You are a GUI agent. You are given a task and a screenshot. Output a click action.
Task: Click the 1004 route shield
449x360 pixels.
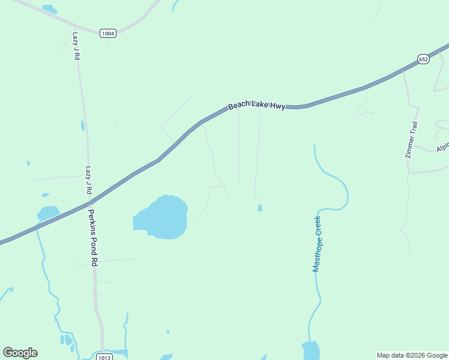tap(108, 34)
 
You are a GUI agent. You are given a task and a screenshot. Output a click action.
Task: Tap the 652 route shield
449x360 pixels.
tap(423, 59)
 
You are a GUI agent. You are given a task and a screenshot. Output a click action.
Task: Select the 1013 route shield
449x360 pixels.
tap(104, 356)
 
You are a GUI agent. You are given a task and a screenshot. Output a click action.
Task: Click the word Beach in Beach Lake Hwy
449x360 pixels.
tap(239, 107)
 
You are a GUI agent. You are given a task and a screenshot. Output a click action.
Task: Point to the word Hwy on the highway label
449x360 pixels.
tap(277, 106)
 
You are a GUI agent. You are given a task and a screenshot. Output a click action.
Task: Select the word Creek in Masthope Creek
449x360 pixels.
tap(318, 224)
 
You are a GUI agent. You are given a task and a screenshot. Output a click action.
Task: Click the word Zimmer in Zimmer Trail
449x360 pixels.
tap(410, 147)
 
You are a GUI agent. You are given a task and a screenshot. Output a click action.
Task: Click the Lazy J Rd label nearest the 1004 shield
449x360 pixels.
tap(76, 46)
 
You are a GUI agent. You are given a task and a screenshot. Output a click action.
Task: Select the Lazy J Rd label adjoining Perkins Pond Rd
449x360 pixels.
tap(89, 180)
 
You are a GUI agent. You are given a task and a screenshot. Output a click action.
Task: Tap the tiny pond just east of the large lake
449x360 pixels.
tap(260, 208)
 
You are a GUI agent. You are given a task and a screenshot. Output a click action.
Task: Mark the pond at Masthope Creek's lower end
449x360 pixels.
tap(311, 350)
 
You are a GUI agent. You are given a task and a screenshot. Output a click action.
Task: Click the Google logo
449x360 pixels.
tap(20, 352)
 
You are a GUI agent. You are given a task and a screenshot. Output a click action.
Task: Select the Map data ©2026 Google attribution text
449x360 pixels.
tap(412, 355)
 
